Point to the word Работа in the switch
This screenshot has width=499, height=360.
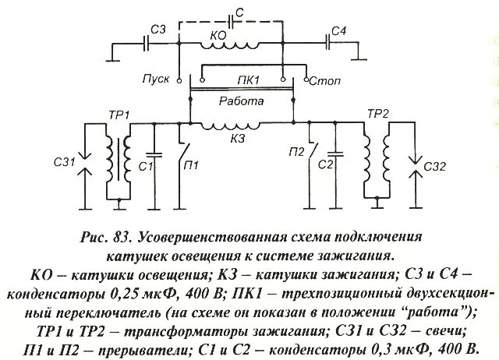pos(241,101)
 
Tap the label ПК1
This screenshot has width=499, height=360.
pos(242,80)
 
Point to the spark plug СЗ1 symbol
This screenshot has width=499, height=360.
pos(87,163)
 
